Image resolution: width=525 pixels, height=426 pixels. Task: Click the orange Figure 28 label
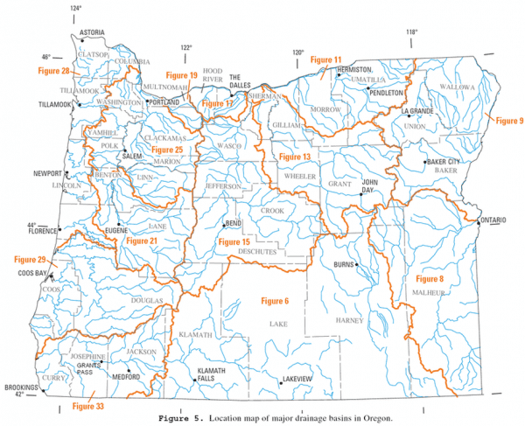(54, 69)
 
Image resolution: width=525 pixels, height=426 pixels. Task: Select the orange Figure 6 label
(275, 301)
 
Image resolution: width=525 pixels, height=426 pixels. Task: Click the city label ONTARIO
(495, 220)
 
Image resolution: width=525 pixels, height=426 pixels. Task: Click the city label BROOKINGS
(20, 386)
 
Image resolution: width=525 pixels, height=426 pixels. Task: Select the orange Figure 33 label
(87, 405)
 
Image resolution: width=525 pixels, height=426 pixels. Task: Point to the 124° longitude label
(76, 9)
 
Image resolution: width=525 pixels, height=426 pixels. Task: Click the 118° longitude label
(411, 33)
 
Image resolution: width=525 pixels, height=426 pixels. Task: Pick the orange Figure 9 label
(508, 119)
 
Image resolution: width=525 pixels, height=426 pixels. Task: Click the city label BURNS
(343, 263)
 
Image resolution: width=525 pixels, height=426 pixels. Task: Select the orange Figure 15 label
(234, 241)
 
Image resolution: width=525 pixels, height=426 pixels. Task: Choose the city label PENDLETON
(386, 92)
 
